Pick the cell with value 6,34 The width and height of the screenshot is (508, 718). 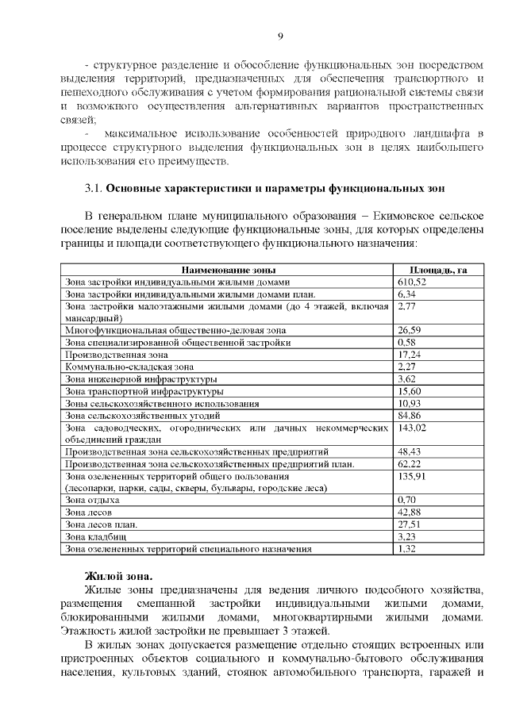tap(406, 294)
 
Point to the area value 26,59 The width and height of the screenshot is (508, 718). tap(409, 329)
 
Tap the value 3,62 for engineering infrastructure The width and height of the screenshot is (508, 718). tap(406, 378)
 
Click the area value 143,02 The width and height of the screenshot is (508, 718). tap(412, 428)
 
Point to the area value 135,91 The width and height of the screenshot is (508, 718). tap(412, 476)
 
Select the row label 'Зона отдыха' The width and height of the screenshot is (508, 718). tap(92, 501)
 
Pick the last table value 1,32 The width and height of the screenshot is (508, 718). tap(406, 548)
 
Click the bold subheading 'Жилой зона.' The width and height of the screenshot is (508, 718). tap(119, 575)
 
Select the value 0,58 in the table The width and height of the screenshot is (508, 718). tap(406, 342)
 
